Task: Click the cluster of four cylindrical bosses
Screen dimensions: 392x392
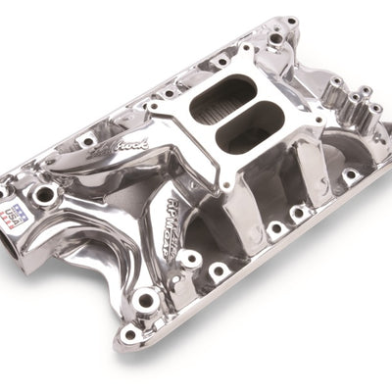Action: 353,103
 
